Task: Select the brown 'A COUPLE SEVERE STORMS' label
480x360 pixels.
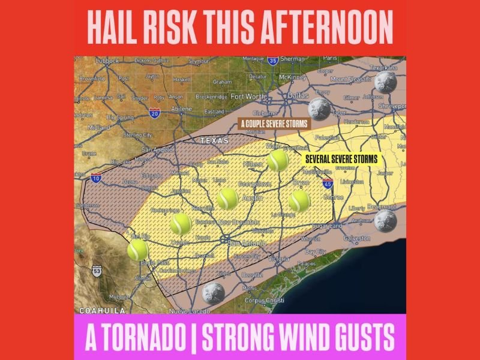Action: coord(272,124)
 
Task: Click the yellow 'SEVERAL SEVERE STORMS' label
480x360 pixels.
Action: coord(341,160)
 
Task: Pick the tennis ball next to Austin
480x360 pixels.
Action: coord(227,198)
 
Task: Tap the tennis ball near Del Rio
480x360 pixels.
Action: coord(137,248)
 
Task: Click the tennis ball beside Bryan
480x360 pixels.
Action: coord(299,201)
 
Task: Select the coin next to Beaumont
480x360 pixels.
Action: coord(385,220)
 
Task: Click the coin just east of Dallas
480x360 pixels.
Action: coord(317,109)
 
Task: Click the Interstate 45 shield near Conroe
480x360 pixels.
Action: coord(328,184)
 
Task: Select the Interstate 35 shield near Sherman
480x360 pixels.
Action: coord(273,61)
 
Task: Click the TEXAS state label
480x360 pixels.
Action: coord(214,140)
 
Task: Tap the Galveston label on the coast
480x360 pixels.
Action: coord(356,238)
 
